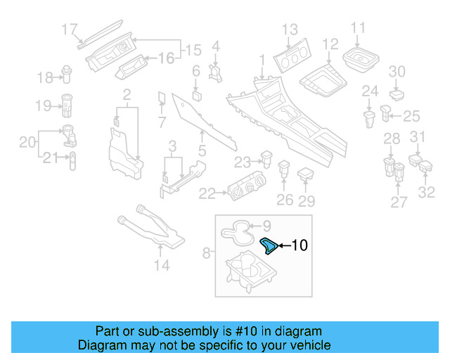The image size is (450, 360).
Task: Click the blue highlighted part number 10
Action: pos(269,246)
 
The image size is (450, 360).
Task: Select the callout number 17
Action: pos(69,30)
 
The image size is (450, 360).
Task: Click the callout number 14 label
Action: pos(162,266)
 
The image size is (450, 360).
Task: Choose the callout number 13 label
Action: pos(290,30)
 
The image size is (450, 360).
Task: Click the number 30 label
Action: pos(397,71)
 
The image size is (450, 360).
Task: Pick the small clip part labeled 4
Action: pos(215,72)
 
